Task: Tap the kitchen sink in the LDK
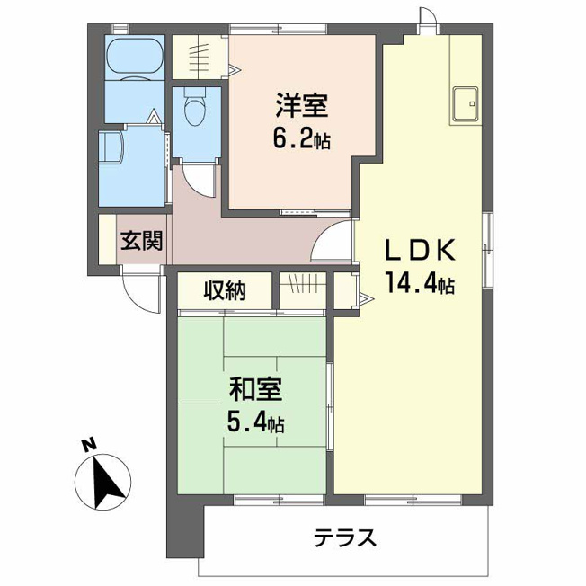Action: coord(466,104)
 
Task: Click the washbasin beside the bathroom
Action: coord(111,147)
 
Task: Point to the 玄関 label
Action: coord(141,241)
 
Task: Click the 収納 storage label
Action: coord(225,290)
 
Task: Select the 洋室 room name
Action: coord(301,105)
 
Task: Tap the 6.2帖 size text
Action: coord(301,139)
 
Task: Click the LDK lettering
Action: coord(421,250)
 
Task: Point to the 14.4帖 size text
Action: coord(420,283)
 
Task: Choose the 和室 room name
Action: coord(255,389)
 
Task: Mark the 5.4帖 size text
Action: coord(255,423)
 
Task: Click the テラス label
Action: coord(344,537)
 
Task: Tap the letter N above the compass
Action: coord(89,445)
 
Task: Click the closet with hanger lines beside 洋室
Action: coord(199,58)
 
